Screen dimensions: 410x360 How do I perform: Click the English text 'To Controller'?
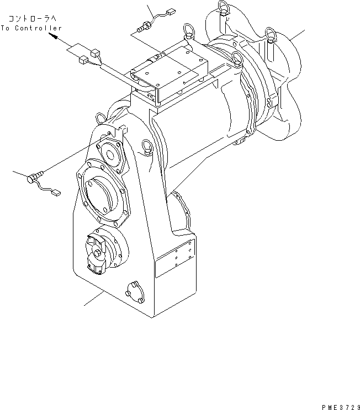click(31, 28)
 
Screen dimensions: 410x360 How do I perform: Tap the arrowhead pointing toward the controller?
click(54, 37)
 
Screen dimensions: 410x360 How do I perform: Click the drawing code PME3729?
click(339, 405)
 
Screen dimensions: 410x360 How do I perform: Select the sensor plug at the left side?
click(33, 177)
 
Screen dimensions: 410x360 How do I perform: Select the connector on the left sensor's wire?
click(56, 193)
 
